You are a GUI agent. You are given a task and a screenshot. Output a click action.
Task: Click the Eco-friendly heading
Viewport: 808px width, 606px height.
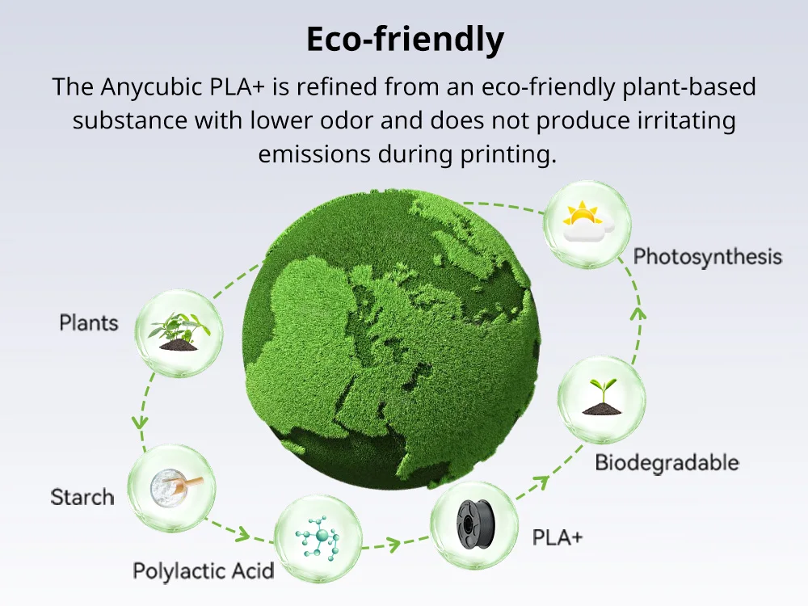(405, 40)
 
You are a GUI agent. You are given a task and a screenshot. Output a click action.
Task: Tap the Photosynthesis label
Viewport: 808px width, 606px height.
(708, 257)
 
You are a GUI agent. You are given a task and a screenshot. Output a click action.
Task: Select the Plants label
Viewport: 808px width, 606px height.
(89, 323)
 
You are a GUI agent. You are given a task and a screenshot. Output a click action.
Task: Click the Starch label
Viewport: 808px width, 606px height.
(82, 497)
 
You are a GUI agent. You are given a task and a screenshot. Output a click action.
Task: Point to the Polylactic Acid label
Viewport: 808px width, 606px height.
(203, 571)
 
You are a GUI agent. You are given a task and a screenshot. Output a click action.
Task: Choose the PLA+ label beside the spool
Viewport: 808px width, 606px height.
(558, 537)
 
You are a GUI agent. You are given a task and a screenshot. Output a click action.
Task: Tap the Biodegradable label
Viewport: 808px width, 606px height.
(667, 463)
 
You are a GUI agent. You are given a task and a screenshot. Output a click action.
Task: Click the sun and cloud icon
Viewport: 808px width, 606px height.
(587, 221)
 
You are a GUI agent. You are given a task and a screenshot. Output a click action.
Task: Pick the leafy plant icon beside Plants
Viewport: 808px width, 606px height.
(179, 332)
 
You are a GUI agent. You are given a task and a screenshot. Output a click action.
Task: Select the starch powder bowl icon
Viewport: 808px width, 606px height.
(175, 487)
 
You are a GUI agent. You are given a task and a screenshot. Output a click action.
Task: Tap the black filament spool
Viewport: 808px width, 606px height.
(475, 524)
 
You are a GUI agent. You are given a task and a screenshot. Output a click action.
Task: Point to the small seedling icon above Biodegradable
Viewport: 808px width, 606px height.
(601, 397)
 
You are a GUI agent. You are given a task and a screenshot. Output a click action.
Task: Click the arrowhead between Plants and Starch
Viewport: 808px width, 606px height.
(140, 422)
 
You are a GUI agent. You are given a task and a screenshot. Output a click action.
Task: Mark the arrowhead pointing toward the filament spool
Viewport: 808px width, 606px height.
(393, 544)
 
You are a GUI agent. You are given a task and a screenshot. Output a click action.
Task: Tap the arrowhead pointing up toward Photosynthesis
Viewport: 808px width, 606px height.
(638, 314)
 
